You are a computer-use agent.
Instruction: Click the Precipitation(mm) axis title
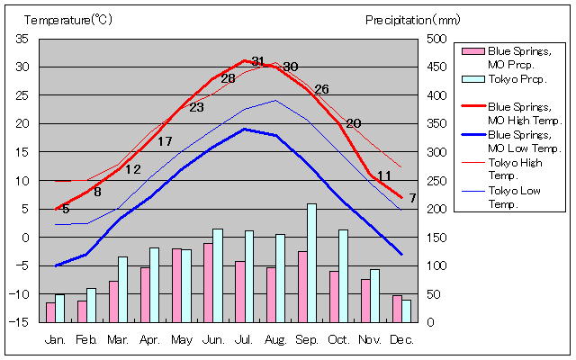pos(412,20)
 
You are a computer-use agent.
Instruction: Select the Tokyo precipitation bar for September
pos(311,263)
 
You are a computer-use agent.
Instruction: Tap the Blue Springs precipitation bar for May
pos(176,285)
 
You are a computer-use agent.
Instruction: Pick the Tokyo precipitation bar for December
pos(406,311)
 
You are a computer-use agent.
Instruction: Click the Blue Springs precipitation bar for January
pos(50,312)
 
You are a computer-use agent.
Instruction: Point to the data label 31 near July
pos(258,61)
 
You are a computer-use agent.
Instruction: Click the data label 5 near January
pos(66,210)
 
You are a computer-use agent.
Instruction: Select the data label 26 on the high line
pos(321,89)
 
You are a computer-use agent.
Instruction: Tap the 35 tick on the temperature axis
pos(22,39)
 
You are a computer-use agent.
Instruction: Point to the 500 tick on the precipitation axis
pos(435,39)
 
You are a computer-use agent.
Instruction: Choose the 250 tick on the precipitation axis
pos(435,181)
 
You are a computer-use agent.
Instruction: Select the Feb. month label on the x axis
pos(86,340)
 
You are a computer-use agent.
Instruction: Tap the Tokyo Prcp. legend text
pos(509,79)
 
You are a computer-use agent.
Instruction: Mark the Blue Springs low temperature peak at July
pos(244,129)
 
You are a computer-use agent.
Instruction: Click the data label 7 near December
pos(412,198)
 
